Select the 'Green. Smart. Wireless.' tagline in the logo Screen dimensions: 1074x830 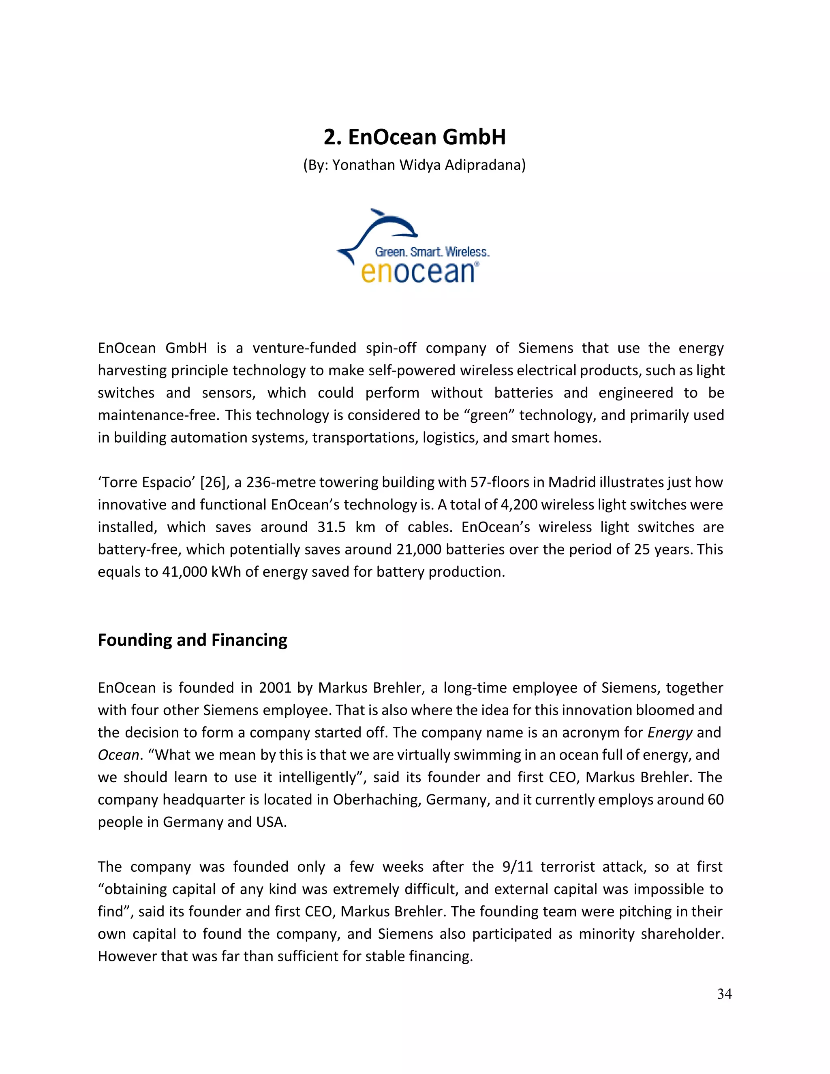coord(432,252)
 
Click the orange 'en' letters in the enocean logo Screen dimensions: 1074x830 coord(377,272)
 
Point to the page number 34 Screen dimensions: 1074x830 coord(724,994)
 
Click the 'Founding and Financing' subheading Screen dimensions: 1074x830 coord(192,640)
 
